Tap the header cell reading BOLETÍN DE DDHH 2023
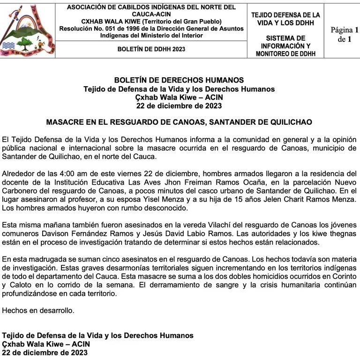151,49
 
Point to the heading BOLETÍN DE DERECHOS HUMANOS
179,81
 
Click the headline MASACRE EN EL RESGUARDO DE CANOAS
179,122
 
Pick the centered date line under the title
179,106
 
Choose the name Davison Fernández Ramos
69,233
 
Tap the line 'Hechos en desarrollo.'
38,310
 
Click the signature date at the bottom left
45,352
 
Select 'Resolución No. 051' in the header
87,29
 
